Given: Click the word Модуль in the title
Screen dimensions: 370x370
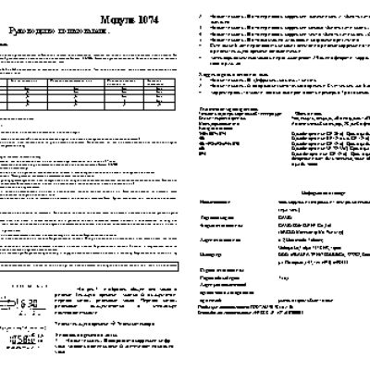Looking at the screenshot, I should (125, 18).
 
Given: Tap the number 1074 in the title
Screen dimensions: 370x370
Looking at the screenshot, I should (161, 18).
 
